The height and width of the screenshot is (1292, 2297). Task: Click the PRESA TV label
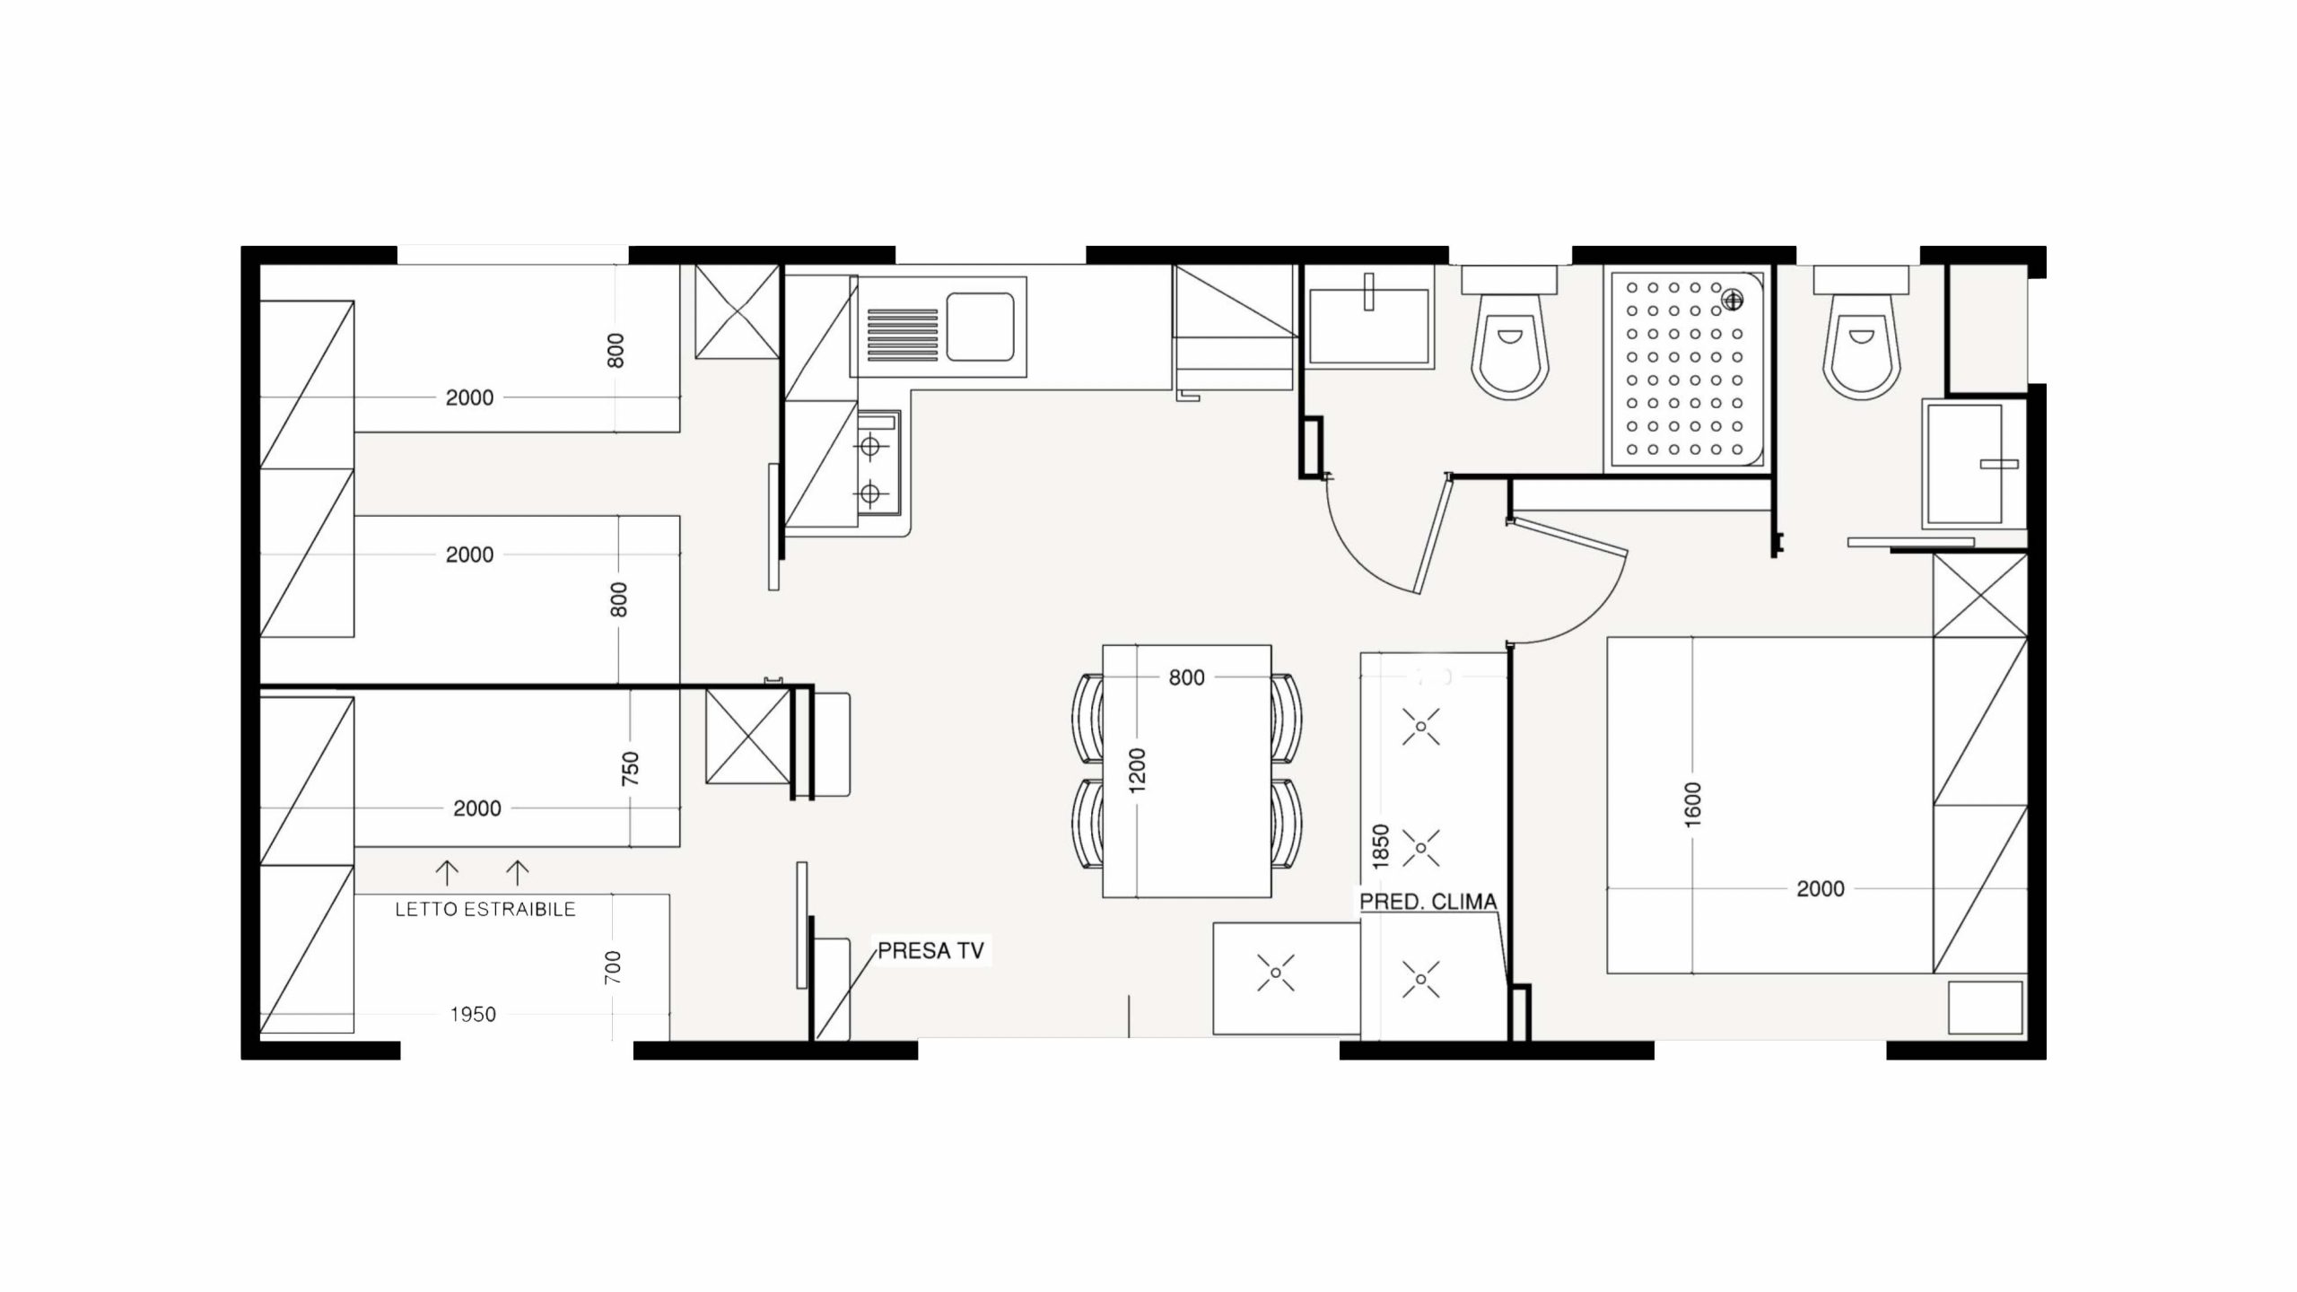click(x=930, y=951)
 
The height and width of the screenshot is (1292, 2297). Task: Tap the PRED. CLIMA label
click(x=1428, y=902)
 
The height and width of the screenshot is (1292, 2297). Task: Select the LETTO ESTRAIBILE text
click(x=485, y=910)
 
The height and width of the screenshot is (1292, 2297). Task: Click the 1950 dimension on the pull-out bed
click(x=473, y=1015)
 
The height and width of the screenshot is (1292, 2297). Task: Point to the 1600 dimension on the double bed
click(x=1693, y=805)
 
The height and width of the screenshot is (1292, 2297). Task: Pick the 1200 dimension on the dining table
click(x=1138, y=770)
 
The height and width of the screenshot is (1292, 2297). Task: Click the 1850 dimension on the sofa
click(x=1381, y=846)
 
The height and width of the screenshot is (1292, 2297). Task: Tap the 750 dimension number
click(x=630, y=769)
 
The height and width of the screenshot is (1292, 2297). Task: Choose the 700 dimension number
click(x=614, y=969)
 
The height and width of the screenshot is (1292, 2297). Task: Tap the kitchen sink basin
click(x=980, y=327)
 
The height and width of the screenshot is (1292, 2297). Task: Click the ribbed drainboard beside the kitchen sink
click(x=903, y=335)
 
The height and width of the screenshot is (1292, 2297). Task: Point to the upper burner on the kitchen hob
click(x=869, y=444)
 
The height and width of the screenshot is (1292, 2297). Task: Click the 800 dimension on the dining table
click(x=1186, y=678)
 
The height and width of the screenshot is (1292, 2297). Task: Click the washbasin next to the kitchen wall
click(x=1368, y=326)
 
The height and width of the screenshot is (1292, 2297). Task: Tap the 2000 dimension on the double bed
click(x=1821, y=889)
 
